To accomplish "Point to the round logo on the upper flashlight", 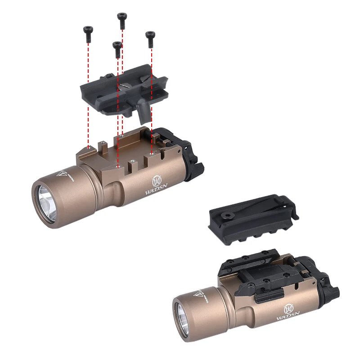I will point(157,180).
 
